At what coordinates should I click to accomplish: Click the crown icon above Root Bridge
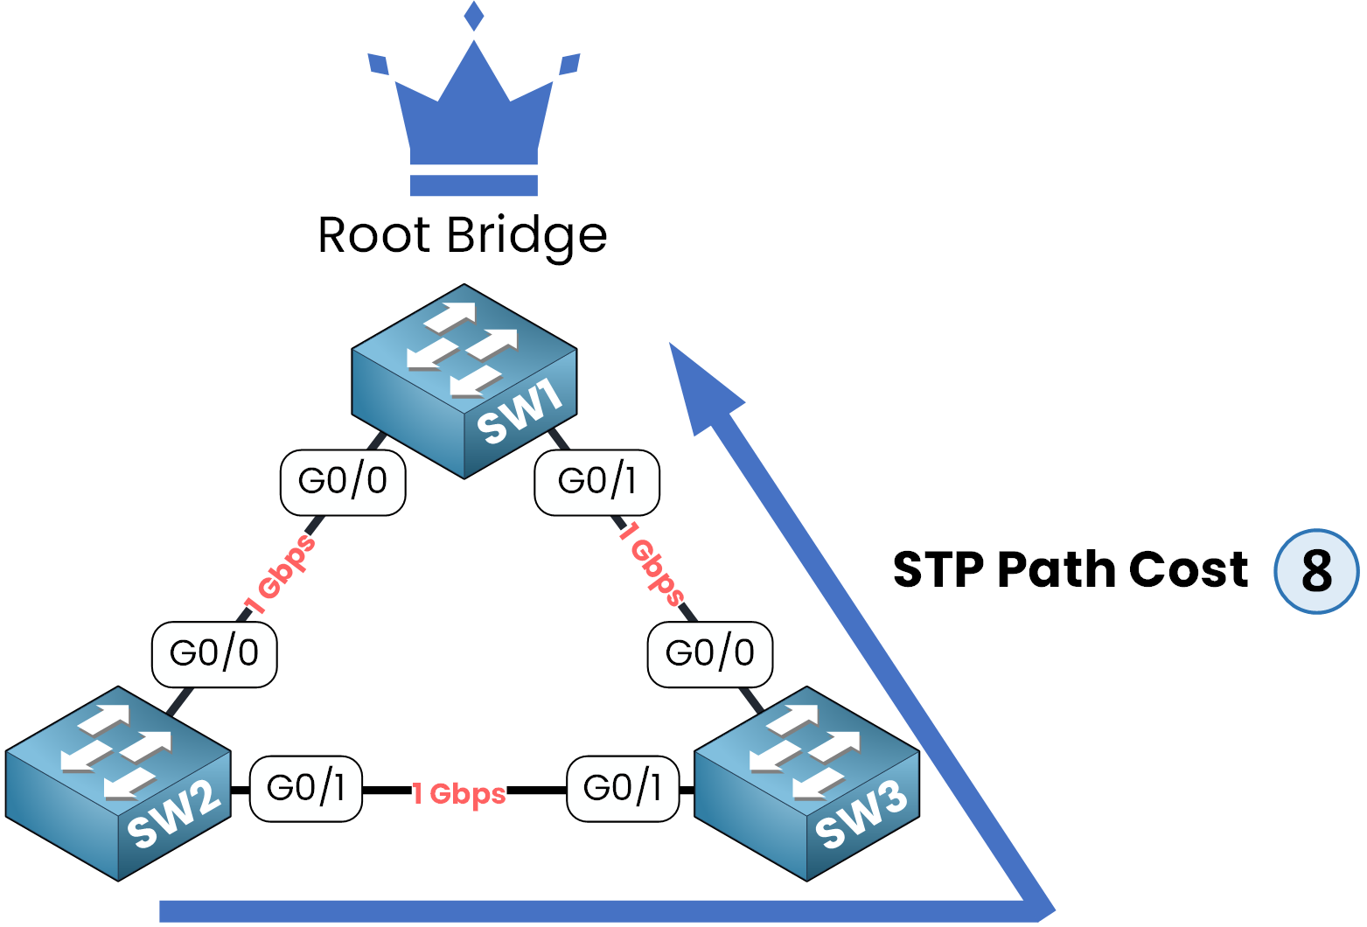pyautogui.click(x=473, y=122)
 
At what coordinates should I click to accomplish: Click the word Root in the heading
pyautogui.click(x=374, y=235)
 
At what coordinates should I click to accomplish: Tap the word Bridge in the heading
pyautogui.click(x=527, y=236)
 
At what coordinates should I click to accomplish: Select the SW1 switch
pyautogui.click(x=464, y=381)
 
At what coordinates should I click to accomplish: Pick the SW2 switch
pyautogui.click(x=118, y=784)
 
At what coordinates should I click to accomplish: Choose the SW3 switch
pyautogui.click(x=806, y=784)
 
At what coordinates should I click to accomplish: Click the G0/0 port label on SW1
pyautogui.click(x=343, y=482)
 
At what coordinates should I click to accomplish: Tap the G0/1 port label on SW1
pyautogui.click(x=597, y=482)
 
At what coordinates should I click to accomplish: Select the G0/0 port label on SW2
pyautogui.click(x=214, y=654)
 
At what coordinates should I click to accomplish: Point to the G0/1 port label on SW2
pyautogui.click(x=306, y=789)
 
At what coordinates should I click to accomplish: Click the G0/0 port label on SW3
pyautogui.click(x=710, y=654)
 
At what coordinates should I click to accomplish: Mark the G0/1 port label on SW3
pyautogui.click(x=623, y=789)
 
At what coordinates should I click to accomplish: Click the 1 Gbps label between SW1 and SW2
pyautogui.click(x=280, y=575)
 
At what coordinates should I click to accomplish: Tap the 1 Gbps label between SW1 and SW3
pyautogui.click(x=652, y=563)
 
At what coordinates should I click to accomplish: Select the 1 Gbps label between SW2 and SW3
pyautogui.click(x=459, y=793)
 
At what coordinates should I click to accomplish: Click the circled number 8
pyautogui.click(x=1316, y=571)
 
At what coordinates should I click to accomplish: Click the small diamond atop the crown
pyautogui.click(x=474, y=16)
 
